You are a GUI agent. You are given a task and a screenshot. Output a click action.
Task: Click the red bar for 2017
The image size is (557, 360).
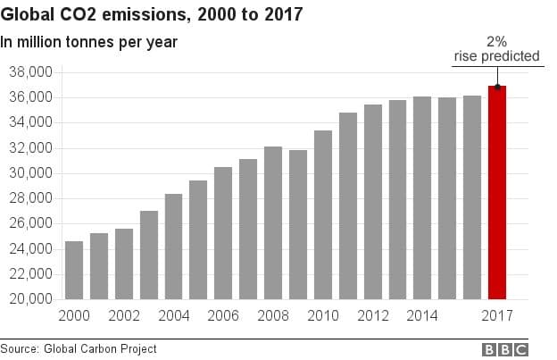(x=497, y=192)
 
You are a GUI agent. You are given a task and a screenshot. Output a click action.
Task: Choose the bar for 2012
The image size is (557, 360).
(x=372, y=202)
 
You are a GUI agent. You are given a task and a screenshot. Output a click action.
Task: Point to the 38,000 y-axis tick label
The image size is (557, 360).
(x=30, y=71)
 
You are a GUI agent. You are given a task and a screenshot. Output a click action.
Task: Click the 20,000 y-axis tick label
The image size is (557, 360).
(x=30, y=299)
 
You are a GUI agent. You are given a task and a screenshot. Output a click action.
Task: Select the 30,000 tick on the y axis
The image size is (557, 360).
(x=30, y=172)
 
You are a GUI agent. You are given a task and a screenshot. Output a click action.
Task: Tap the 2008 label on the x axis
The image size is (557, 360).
(x=272, y=315)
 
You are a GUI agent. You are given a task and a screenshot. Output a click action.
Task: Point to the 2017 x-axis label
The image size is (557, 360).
(x=497, y=315)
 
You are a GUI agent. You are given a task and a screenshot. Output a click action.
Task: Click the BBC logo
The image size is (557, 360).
(x=505, y=349)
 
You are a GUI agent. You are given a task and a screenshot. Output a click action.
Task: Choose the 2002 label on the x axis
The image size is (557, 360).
(x=124, y=315)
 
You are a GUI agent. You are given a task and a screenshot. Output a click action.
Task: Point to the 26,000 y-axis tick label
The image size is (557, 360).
(x=30, y=223)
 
